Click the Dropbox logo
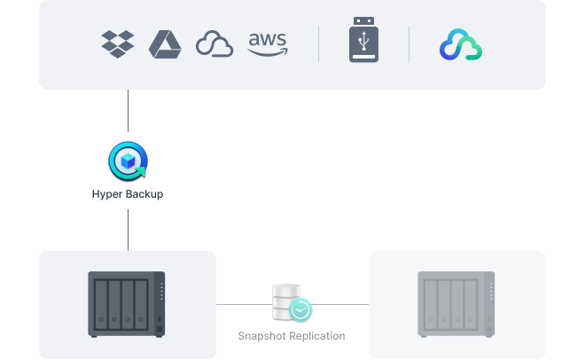117,43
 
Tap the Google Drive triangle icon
165,43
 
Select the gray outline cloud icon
214,44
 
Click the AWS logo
268,43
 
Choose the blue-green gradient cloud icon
461,44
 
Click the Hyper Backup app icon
128,162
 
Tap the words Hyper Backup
128,193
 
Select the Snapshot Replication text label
292,336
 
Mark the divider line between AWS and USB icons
319,43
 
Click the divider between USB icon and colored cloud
409,43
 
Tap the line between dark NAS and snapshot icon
244,304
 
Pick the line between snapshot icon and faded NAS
341,304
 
